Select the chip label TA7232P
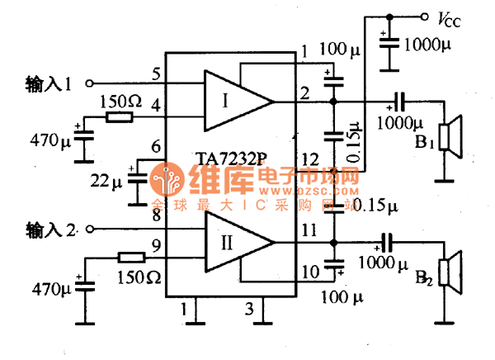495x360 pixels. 231,157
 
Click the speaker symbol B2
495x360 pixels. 449,274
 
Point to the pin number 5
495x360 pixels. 156,73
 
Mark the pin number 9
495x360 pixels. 156,244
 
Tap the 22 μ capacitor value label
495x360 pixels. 106,178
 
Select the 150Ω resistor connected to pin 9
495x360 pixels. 131,256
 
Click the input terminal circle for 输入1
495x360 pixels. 90,83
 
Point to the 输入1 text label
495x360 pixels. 49,83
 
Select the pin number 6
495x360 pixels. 156,149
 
